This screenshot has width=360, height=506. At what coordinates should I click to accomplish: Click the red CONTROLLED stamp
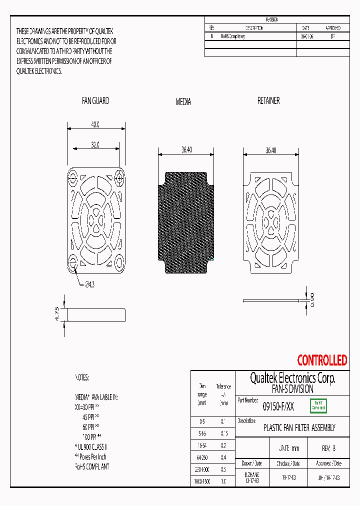(x=322, y=360)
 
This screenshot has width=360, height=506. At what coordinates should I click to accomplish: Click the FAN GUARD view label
(x=95, y=100)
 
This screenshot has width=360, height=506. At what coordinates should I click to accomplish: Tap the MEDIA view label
(x=183, y=101)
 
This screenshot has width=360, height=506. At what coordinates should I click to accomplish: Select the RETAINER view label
(x=268, y=100)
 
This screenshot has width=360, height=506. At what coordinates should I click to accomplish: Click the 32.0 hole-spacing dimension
(x=95, y=144)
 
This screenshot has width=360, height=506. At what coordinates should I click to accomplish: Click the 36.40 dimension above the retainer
(x=270, y=150)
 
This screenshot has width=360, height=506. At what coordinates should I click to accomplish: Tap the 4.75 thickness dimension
(x=57, y=314)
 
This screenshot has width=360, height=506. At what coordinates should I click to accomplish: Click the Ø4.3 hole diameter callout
(x=90, y=284)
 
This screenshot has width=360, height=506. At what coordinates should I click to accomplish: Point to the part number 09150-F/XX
(x=278, y=407)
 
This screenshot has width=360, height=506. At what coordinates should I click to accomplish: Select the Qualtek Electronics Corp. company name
(x=292, y=378)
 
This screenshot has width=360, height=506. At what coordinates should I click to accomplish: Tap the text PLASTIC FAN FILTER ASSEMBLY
(x=299, y=427)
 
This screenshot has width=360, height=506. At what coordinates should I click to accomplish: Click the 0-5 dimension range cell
(x=202, y=421)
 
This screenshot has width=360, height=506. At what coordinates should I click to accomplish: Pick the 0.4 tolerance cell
(x=223, y=457)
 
